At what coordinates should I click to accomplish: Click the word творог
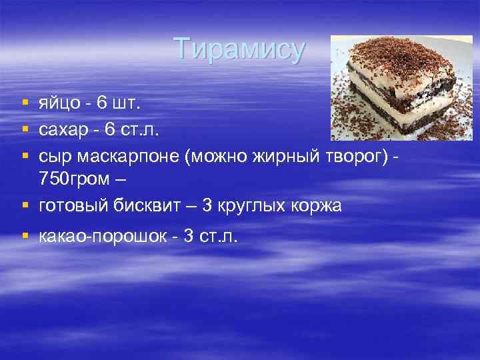[x=361, y=155]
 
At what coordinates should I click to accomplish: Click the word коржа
[x=319, y=207]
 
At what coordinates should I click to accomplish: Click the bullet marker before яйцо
[x=25, y=103]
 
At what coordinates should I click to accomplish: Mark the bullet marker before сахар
[x=25, y=129]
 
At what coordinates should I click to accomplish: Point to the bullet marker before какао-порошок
[x=25, y=236]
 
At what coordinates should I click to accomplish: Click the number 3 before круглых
[x=207, y=207]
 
